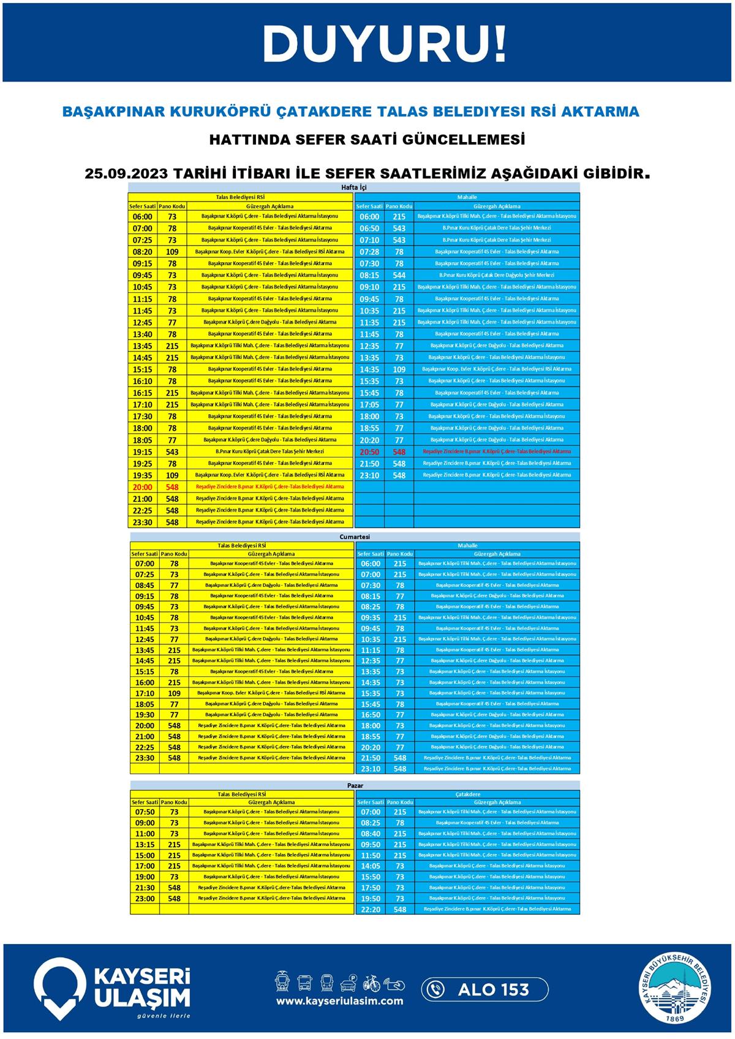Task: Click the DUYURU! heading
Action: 385,43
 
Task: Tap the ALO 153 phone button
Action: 484,989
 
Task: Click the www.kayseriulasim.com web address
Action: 339,1001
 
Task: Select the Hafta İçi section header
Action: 354,187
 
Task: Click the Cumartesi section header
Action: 355,537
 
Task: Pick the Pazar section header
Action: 355,785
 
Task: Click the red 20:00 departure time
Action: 143,487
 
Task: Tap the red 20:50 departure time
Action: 369,451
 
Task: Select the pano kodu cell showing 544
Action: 399,276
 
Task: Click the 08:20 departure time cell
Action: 143,252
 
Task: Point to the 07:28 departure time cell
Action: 369,252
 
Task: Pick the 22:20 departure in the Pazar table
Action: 371,910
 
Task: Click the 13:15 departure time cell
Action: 145,845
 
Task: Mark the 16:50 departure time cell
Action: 371,715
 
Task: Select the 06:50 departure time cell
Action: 369,229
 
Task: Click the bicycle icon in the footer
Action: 371,983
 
